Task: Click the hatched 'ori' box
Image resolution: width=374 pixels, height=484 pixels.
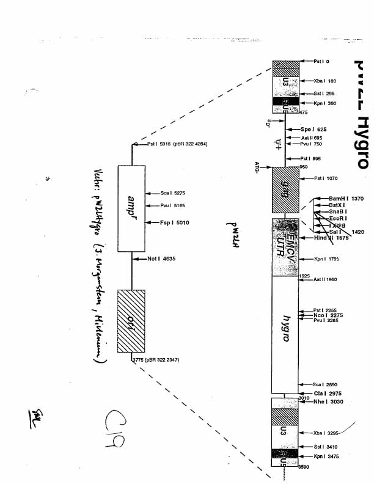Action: [x=131, y=321]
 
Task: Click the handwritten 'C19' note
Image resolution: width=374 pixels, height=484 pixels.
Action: [x=114, y=431]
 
